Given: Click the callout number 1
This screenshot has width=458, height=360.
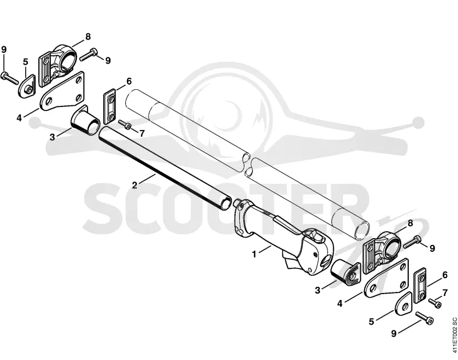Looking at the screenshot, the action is tap(254, 255).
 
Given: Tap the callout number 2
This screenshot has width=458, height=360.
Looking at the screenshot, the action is tap(135, 185).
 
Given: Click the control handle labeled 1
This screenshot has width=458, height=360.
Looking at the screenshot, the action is tap(284, 238).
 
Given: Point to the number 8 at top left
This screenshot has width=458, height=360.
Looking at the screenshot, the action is tap(88, 37).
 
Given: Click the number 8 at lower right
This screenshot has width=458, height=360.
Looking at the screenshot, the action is tap(410, 223).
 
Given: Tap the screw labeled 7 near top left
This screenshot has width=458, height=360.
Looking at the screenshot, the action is tap(125, 124).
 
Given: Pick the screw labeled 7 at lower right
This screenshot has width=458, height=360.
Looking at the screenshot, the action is tap(435, 303).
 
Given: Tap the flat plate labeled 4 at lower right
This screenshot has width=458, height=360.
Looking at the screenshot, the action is tap(386, 278).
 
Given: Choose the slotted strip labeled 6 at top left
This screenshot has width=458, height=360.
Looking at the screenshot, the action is tap(110, 107).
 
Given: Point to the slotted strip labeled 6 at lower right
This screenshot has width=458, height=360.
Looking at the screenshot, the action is tap(420, 285).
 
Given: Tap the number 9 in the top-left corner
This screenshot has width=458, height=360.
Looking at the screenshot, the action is tap(4, 50).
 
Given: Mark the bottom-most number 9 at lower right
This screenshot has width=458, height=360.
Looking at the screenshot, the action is tap(394, 334).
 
